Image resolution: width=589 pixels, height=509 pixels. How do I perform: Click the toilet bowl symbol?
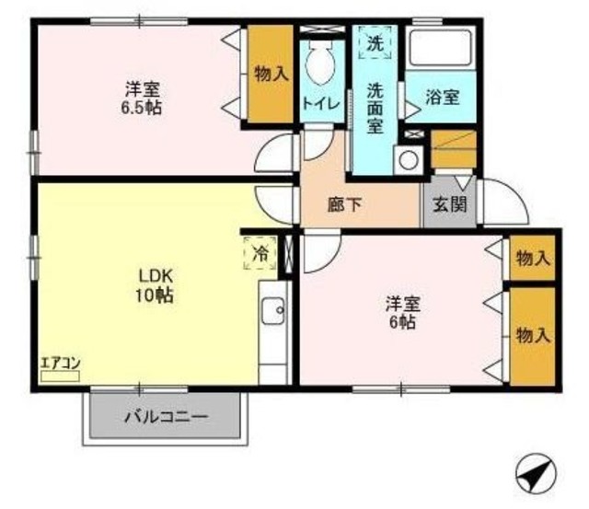point(321,67)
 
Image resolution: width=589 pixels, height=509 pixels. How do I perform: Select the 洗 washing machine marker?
point(375,42)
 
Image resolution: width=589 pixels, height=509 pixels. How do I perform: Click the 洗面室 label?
point(375,107)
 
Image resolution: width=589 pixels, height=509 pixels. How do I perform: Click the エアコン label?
point(61,362)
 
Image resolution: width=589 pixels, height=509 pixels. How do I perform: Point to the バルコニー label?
point(167,416)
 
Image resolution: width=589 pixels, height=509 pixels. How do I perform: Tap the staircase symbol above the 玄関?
point(454,149)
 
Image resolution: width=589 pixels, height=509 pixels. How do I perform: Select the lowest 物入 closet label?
point(533,333)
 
